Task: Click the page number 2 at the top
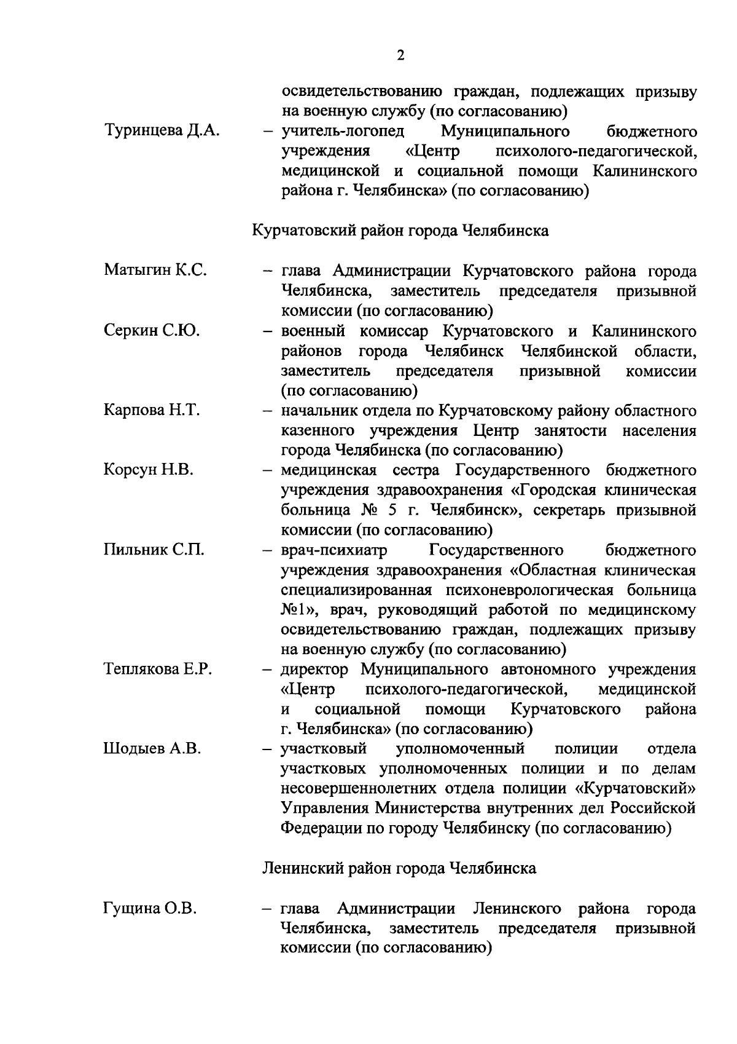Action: pyautogui.click(x=401, y=56)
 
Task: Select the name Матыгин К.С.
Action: pyautogui.click(x=155, y=270)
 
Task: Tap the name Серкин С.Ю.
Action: pyautogui.click(x=151, y=331)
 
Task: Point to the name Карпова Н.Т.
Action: pyautogui.click(x=152, y=410)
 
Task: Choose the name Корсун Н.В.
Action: pyautogui.click(x=149, y=470)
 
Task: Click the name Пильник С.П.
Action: pyautogui.click(x=154, y=549)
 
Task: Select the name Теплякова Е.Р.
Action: pyautogui.click(x=158, y=670)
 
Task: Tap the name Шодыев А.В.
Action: pyautogui.click(x=152, y=749)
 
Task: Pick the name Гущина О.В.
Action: pyautogui.click(x=150, y=908)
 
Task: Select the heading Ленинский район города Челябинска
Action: pyautogui.click(x=399, y=868)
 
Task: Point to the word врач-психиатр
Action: pyautogui.click(x=334, y=549)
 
